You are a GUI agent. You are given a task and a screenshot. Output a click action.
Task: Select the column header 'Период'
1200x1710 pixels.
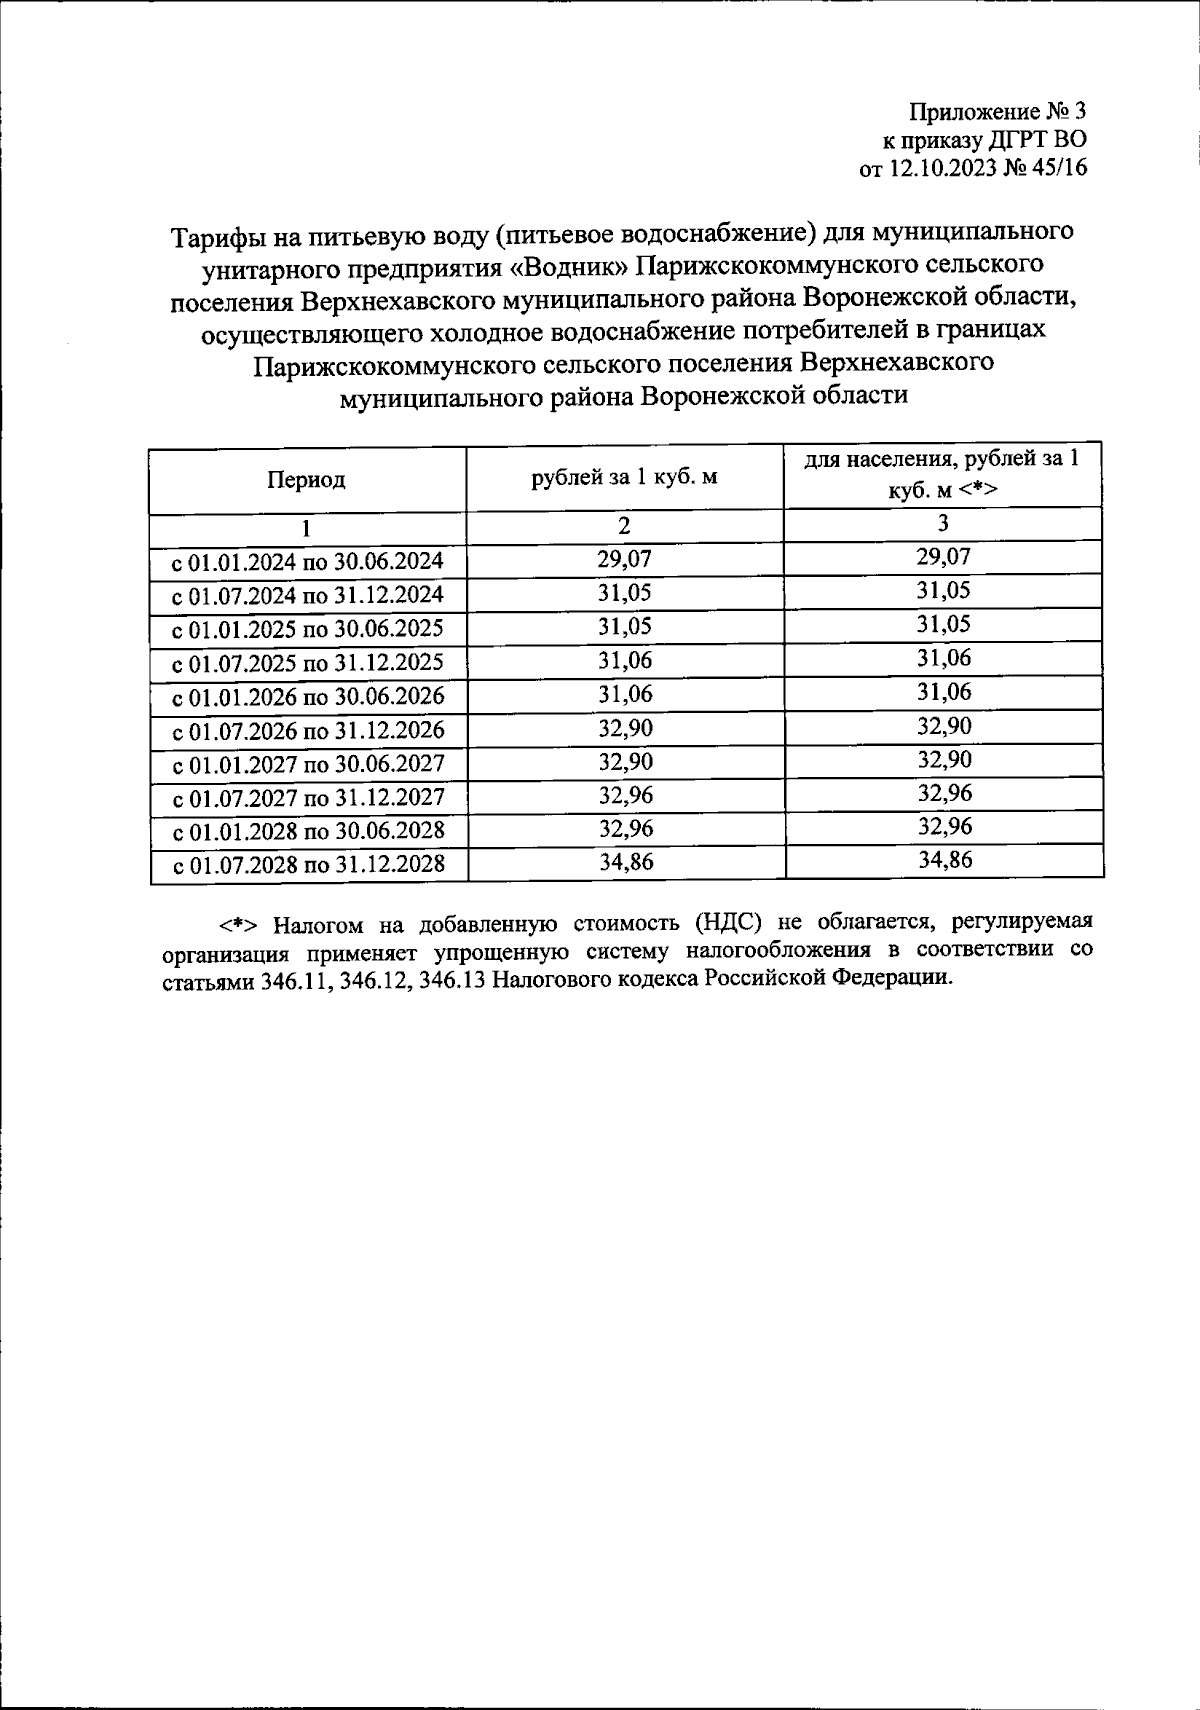[306, 480]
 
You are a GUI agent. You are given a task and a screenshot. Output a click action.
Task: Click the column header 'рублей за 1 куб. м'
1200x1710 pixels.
[624, 477]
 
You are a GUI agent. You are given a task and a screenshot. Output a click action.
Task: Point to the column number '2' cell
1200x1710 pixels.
[624, 526]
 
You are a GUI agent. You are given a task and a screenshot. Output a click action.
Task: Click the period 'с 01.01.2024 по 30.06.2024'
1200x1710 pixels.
[308, 562]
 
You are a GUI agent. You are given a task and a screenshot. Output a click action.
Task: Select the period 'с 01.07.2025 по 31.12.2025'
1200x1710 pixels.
[308, 663]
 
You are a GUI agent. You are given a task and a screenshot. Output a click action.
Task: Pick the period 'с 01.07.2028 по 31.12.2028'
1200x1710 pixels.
[308, 865]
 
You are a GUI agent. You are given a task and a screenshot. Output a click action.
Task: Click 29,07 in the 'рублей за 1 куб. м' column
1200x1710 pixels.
[624, 559]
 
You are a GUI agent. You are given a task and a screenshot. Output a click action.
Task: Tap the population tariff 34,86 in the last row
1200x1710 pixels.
[944, 860]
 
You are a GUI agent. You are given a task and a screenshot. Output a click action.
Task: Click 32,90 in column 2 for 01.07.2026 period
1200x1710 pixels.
[625, 728]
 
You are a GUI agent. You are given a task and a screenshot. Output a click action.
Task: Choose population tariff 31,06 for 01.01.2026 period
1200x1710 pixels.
[944, 692]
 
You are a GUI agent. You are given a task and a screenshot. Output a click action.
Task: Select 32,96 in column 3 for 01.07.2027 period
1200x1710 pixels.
[944, 793]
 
